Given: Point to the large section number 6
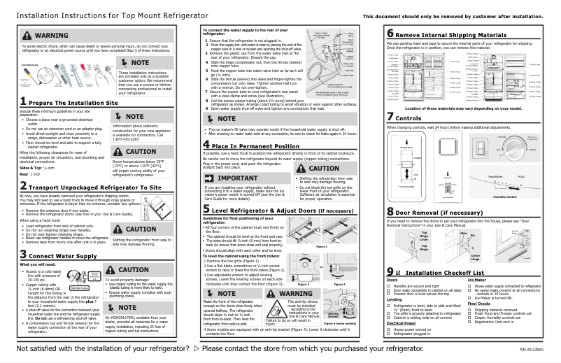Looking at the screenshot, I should pyautogui.click(x=390, y=34).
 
